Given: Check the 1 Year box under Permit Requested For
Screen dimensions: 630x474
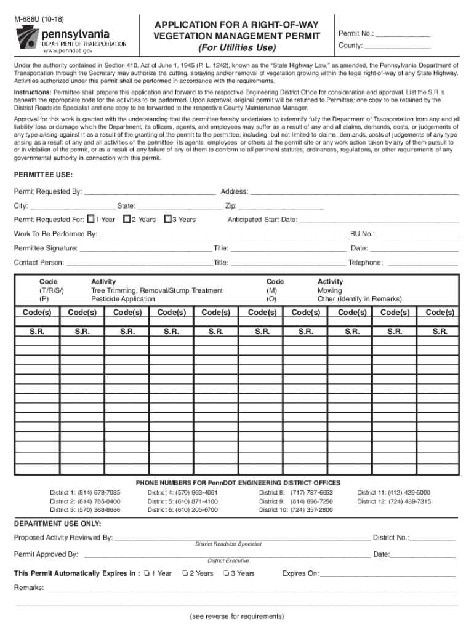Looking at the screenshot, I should click(x=90, y=219).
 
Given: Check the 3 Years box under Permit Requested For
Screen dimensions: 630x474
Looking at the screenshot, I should click(x=167, y=219).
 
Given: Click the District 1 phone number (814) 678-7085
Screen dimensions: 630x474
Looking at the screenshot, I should click(x=98, y=492).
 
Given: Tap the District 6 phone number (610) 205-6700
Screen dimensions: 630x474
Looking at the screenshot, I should click(x=196, y=510).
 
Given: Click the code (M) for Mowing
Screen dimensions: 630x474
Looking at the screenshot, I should click(x=271, y=290).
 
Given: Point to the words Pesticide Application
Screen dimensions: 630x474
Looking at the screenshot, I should click(x=123, y=299).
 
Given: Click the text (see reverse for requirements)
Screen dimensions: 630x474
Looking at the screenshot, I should click(x=237, y=616).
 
